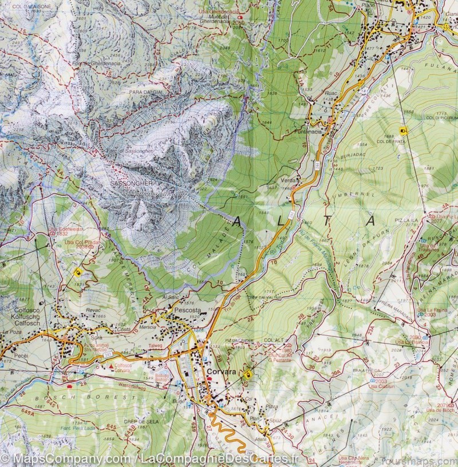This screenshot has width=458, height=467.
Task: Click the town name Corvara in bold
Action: coord(221,371)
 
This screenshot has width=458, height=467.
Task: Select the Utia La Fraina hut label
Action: coord(431,309)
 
